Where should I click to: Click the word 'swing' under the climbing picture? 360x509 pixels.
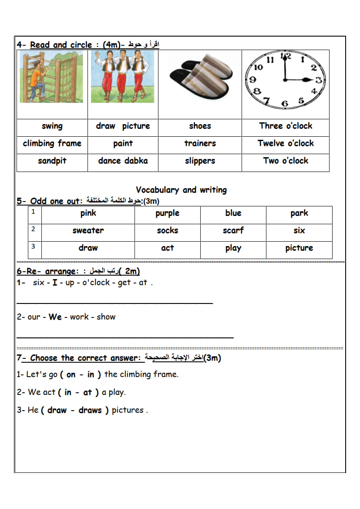[x=52, y=126]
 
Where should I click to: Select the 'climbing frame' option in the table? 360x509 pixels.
[x=52, y=144]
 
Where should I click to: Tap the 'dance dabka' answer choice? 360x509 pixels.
[x=123, y=161]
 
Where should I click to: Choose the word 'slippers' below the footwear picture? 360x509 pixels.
[x=200, y=161]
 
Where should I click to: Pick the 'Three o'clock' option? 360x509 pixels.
[x=286, y=126]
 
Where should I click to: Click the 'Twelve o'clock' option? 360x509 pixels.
[x=286, y=144]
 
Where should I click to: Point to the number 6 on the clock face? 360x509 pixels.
[x=285, y=104]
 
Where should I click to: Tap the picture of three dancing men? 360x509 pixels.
[x=122, y=77]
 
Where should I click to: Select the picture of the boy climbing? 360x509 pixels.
[x=51, y=77]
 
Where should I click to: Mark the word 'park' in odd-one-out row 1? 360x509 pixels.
[x=299, y=213]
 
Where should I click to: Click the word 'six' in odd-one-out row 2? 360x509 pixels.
[x=299, y=231]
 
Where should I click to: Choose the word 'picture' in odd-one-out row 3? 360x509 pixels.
[x=299, y=248]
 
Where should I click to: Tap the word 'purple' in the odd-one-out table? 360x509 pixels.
[x=167, y=213]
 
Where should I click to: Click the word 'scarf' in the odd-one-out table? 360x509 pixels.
[x=233, y=231]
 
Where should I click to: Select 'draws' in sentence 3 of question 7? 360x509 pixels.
[x=90, y=410]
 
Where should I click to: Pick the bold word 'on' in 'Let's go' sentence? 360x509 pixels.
[x=71, y=374]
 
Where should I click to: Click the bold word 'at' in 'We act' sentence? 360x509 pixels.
[x=87, y=392]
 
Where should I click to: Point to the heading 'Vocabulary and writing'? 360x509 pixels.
[x=181, y=190]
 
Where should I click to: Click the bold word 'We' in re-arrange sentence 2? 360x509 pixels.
[x=55, y=317]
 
